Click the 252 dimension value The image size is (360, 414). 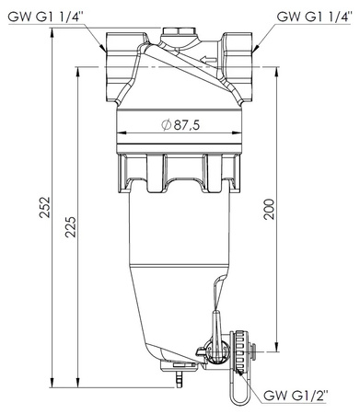tap(45, 207)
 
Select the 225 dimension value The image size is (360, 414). tap(71, 227)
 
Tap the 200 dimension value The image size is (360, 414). tap(269, 209)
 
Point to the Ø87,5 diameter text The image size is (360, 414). tap(180, 125)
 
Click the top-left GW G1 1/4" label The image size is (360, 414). tap(45, 17)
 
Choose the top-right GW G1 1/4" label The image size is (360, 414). tap(314, 17)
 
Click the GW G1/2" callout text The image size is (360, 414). tap(296, 396)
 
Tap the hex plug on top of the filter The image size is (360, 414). tap(178, 31)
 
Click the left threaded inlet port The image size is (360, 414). tap(122, 67)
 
